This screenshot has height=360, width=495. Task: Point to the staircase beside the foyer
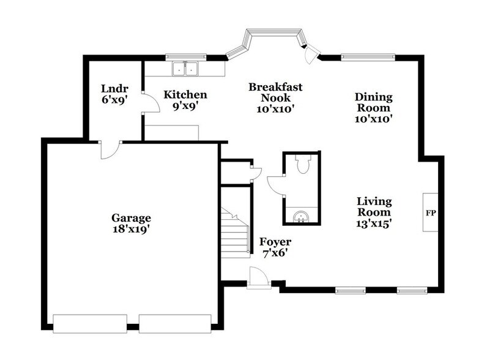pos(236,233)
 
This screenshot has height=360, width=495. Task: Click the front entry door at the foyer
pos(259,279)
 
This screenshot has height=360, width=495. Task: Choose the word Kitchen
pos(185,95)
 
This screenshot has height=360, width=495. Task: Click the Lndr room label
pos(114,88)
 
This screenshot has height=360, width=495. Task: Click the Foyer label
pos(275,242)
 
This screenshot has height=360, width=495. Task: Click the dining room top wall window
pos(367,58)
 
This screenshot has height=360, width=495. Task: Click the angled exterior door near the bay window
pos(311,54)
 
